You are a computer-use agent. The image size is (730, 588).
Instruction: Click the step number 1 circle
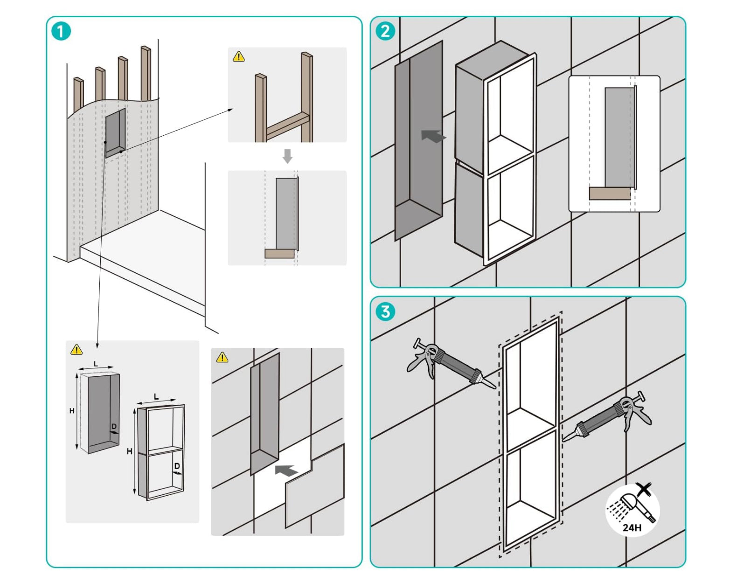coord(61,32)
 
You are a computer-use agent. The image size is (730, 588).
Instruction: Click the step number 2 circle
coord(385,31)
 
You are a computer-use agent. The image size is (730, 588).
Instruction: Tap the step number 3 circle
coord(385,311)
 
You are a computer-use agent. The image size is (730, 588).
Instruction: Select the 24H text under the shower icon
coord(632,527)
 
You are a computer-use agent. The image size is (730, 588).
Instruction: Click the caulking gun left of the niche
coord(448,363)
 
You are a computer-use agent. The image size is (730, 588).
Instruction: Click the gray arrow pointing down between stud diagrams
coord(287,156)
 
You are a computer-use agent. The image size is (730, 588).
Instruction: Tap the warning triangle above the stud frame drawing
coord(238,57)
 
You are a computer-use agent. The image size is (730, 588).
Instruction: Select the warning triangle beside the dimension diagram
coord(76,349)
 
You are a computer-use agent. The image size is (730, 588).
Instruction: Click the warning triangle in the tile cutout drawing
coord(222,357)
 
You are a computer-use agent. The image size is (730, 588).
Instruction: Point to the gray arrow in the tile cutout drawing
coord(286,470)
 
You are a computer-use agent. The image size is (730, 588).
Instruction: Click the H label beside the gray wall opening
coord(72,411)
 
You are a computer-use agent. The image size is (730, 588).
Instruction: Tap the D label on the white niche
coord(177,466)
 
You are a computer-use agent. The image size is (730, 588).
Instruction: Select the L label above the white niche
coord(156,396)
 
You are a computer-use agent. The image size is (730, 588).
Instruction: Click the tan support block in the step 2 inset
coord(609,193)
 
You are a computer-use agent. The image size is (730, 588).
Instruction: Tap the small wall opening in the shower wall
coord(115,133)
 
